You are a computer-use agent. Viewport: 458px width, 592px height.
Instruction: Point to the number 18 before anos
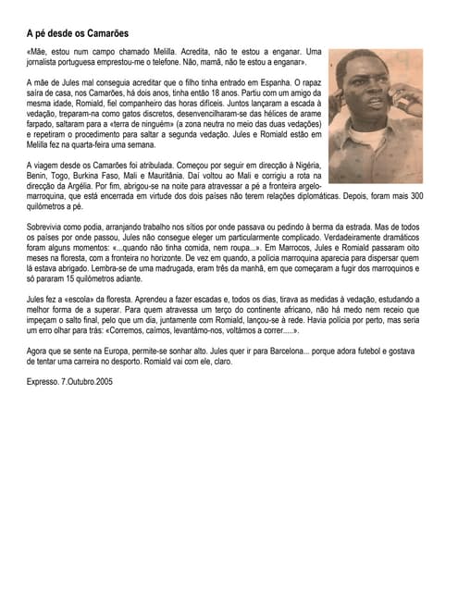click(x=218, y=92)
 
